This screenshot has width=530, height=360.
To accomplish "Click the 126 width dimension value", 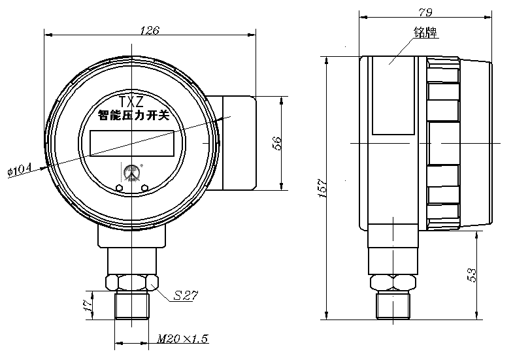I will coord(150,29).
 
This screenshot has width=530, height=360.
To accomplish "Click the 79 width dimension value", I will coord(425,11).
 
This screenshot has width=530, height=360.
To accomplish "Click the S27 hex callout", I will coord(186,295).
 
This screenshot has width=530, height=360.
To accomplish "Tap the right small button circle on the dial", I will coord(144,188).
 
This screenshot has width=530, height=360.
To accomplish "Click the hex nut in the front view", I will coord(133,282).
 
